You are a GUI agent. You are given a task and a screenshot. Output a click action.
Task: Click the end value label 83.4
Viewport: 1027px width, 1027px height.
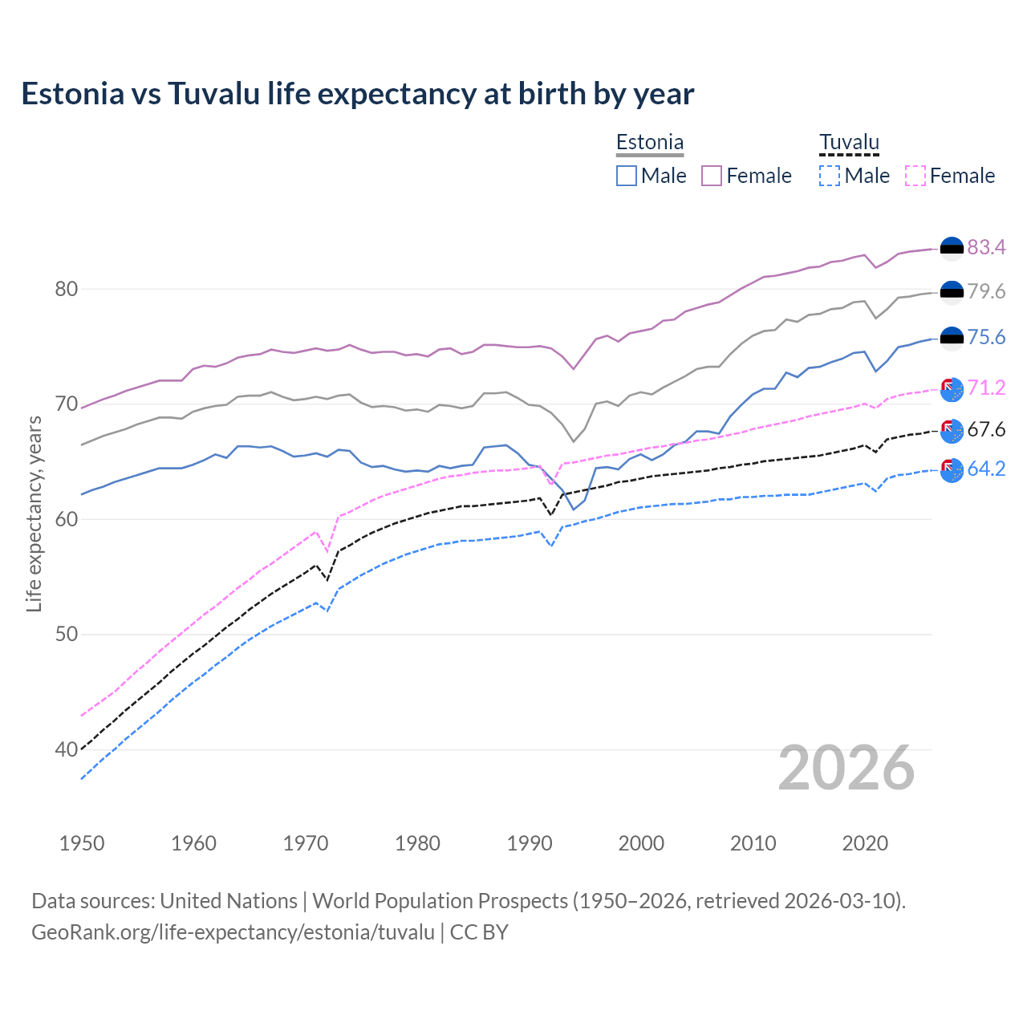[986, 247]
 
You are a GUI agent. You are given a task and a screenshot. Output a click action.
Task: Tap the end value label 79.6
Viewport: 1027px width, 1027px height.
[986, 291]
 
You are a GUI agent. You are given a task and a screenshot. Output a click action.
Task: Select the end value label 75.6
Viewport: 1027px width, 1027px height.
[986, 337]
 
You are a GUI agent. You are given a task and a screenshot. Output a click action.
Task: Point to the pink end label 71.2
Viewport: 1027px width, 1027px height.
[986, 388]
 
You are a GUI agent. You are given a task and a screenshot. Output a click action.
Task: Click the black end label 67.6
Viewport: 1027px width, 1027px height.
[986, 429]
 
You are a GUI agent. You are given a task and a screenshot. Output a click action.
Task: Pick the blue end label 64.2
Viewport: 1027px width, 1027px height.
[986, 469]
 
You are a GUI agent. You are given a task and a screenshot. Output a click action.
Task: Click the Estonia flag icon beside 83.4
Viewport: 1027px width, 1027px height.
[952, 249]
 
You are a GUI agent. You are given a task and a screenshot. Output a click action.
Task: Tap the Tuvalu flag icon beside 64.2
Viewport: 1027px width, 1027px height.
[952, 470]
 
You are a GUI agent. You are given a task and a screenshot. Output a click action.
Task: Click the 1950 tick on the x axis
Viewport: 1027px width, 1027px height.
[82, 843]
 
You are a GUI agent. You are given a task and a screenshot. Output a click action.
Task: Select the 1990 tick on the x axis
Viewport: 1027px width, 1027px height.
[530, 843]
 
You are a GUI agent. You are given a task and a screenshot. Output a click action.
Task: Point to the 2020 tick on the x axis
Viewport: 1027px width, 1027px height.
[865, 843]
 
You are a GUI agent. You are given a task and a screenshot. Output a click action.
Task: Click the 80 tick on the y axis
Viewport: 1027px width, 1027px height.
[66, 289]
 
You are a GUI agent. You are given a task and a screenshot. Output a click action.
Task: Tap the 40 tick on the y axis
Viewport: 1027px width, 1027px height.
[66, 750]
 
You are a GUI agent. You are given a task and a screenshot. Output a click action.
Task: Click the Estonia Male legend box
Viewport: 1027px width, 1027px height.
[627, 176]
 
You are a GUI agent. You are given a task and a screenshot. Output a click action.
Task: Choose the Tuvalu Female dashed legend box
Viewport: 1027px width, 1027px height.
[915, 176]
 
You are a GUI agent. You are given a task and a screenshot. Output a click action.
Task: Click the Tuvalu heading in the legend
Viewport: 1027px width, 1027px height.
[849, 143]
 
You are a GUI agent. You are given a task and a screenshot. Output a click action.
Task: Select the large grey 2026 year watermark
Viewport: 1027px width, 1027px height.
[846, 768]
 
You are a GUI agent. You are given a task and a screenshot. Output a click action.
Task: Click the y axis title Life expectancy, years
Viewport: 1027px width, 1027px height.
[34, 513]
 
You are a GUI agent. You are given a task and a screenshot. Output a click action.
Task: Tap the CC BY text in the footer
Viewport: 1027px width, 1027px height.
[479, 932]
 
